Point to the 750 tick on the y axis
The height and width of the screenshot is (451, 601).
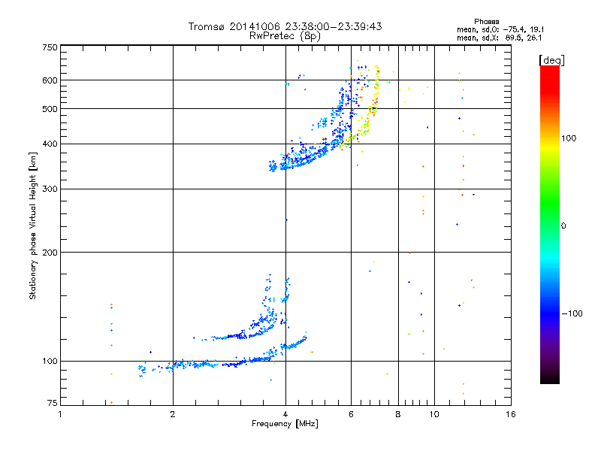point(50,47)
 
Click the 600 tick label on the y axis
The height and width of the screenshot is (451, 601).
point(50,80)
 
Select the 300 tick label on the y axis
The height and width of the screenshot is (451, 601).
point(50,189)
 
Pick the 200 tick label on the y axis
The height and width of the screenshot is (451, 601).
point(50,252)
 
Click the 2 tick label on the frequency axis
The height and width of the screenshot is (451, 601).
point(173,414)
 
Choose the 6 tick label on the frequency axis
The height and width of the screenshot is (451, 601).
point(351,414)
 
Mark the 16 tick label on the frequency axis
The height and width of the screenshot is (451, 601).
point(510,414)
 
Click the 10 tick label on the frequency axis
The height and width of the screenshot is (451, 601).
point(433,414)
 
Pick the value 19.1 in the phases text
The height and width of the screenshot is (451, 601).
point(532,29)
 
